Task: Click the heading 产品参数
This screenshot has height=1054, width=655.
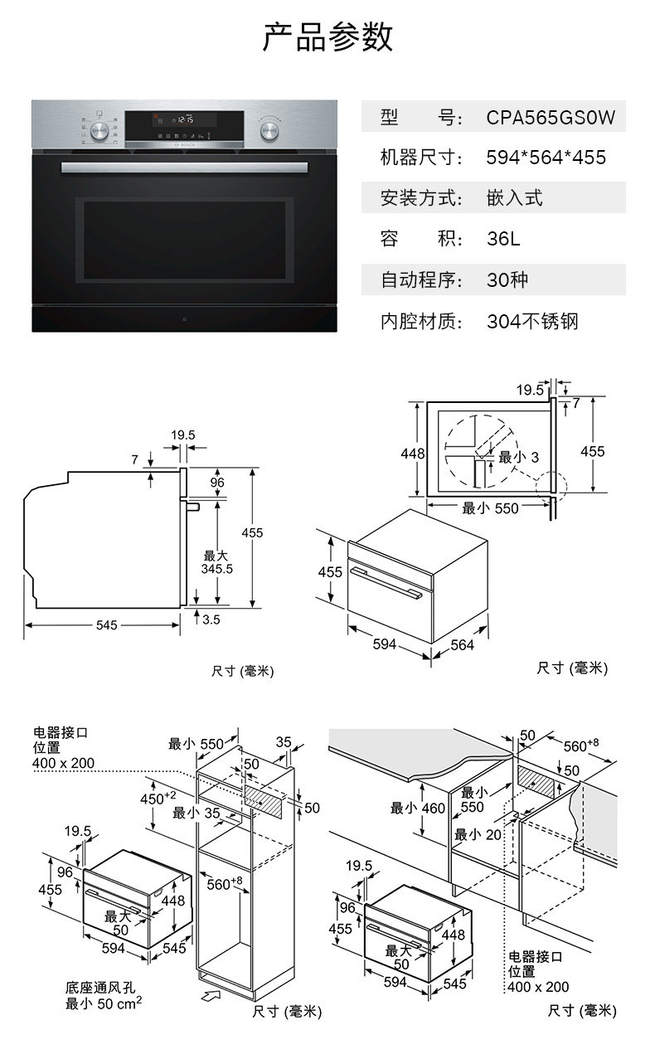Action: click(327, 37)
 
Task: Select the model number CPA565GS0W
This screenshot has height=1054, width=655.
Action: click(550, 117)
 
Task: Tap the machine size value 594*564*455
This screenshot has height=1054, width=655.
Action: click(546, 158)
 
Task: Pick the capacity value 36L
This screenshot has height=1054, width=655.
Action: click(503, 240)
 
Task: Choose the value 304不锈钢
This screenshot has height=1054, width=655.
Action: click(531, 322)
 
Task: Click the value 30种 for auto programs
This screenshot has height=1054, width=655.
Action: click(507, 280)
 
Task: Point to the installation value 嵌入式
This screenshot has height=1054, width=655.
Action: click(514, 198)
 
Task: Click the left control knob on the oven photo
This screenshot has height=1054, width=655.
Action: click(100, 129)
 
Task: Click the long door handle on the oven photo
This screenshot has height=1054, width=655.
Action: click(184, 167)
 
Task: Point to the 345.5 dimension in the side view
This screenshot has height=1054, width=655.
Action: click(217, 569)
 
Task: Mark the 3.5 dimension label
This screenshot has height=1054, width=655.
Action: click(211, 619)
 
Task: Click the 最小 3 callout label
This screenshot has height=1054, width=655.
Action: click(518, 457)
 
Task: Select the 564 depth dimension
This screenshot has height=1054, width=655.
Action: click(462, 645)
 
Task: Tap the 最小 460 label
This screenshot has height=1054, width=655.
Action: click(417, 808)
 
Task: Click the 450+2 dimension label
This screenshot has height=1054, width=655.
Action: click(158, 798)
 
